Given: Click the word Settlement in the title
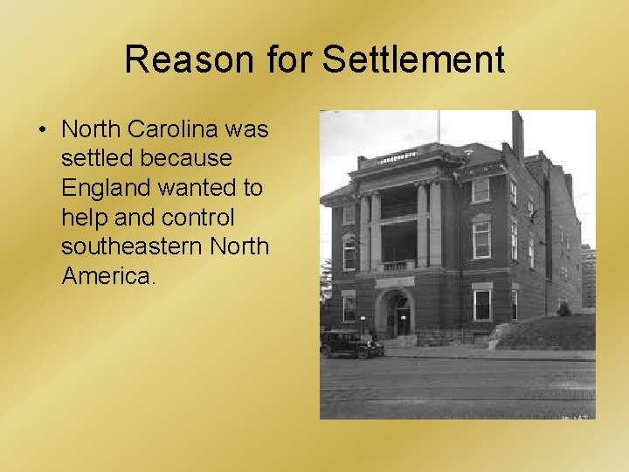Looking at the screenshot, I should (413, 59).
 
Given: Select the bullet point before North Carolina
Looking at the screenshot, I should (41, 129).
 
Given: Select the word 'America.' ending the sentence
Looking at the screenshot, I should (108, 277).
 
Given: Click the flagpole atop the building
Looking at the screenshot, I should (439, 127).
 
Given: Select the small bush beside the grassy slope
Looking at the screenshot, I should (564, 309).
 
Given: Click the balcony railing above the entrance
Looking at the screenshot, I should (396, 266).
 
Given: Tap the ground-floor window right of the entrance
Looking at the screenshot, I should (481, 304).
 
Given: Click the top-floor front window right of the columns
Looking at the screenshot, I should (480, 190).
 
